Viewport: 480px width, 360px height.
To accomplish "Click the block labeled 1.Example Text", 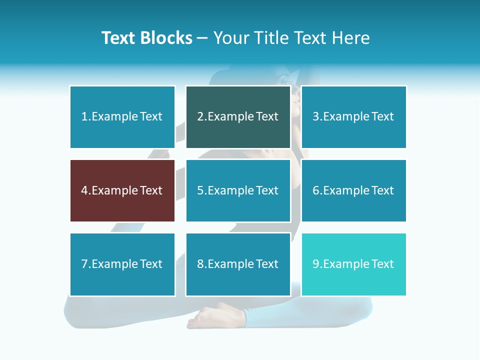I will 122,117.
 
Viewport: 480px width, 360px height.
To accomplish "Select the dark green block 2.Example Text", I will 238,117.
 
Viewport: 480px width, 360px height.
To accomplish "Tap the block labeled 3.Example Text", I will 353,117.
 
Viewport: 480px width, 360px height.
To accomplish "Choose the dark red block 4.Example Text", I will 122,190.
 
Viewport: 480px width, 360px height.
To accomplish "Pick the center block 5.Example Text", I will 238,190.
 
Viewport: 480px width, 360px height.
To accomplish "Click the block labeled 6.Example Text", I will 353,190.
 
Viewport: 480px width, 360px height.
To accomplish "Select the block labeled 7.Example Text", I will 122,264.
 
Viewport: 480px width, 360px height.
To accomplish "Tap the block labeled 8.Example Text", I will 238,264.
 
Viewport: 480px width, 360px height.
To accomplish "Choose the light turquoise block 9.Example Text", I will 353,264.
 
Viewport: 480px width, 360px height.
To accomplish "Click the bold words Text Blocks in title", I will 146,38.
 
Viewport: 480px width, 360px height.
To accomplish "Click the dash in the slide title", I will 202,38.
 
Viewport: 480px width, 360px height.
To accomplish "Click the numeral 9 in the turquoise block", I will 315,264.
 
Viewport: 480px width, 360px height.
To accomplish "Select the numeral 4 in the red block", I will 84,190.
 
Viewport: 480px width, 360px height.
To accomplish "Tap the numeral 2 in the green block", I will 200,117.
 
